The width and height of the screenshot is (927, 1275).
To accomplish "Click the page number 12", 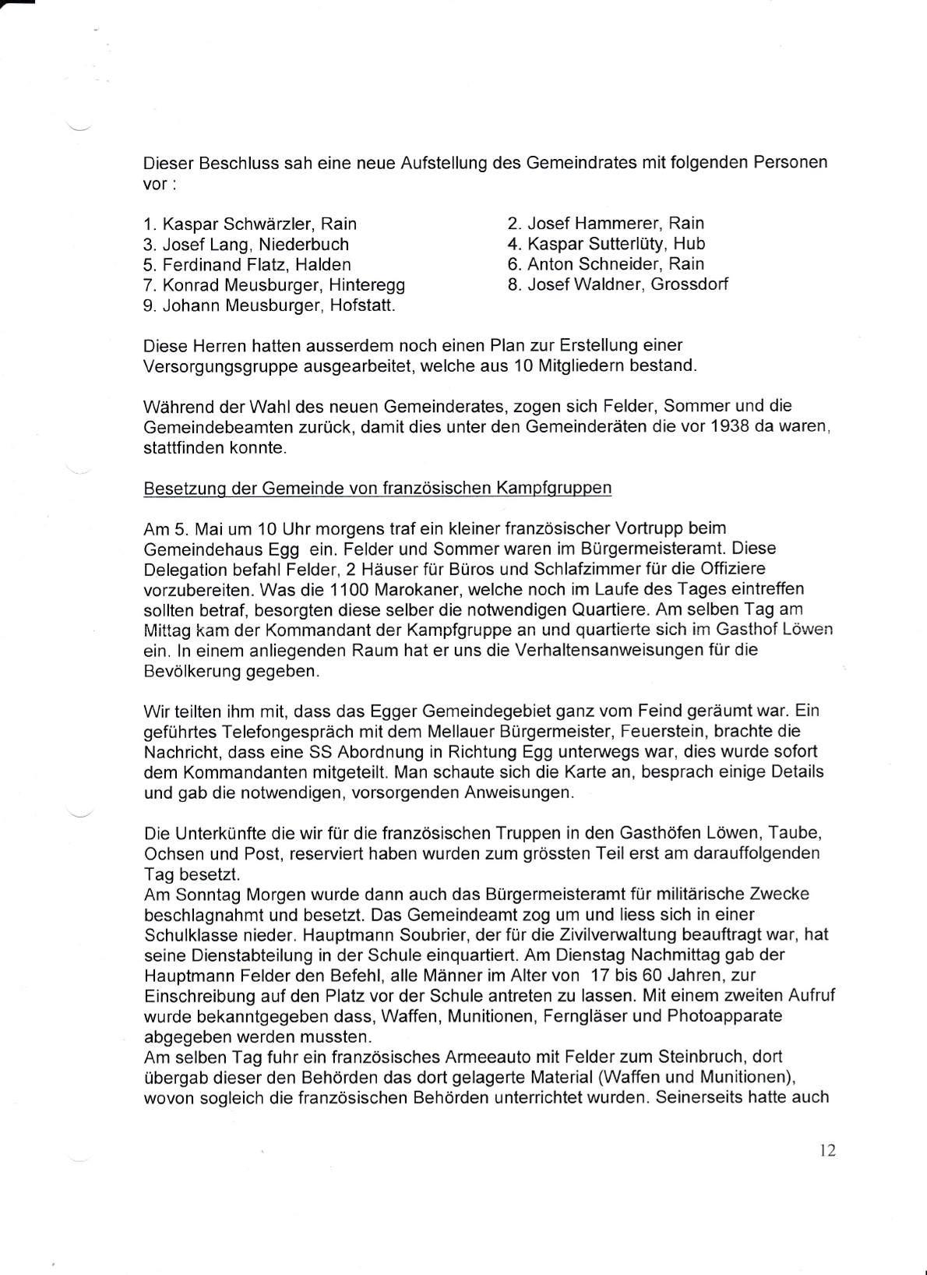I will [827, 1150].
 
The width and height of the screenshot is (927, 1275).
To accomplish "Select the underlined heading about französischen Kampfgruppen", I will [378, 488].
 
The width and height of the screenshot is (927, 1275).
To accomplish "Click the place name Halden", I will [323, 264].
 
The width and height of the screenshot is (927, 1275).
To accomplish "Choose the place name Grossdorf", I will [689, 284].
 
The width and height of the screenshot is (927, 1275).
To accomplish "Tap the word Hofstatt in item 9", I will [362, 305].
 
